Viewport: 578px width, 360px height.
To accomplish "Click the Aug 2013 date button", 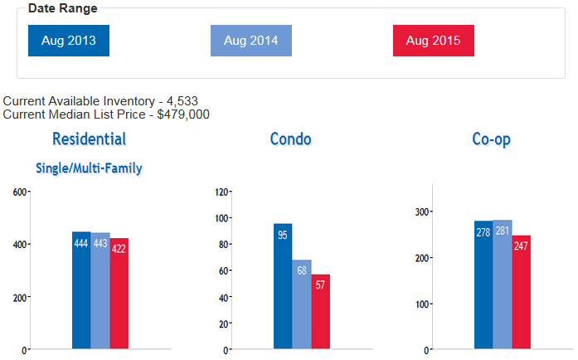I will (69, 41).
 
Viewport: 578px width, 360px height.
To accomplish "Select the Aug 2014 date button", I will (251, 41).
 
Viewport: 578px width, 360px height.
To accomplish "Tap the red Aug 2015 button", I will (433, 41).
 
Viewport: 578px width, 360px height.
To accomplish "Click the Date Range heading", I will (62, 7).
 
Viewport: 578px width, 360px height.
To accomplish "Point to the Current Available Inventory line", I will (100, 101).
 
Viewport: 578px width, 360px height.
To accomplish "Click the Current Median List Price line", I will (106, 114).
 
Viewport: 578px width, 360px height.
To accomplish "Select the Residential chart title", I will (89, 139).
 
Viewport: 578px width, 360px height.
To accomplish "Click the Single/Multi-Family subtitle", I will (89, 168).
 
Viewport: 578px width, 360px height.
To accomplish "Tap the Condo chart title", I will (290, 139).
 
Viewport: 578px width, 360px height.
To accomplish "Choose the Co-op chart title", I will (491, 139).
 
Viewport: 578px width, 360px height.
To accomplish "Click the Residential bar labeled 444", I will (81, 290).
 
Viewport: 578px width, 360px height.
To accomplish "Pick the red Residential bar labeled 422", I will (119, 294).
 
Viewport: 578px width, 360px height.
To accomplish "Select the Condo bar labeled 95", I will (283, 286).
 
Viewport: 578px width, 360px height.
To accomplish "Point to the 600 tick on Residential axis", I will (19, 192).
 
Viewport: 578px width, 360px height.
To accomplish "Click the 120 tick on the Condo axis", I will (221, 192).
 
